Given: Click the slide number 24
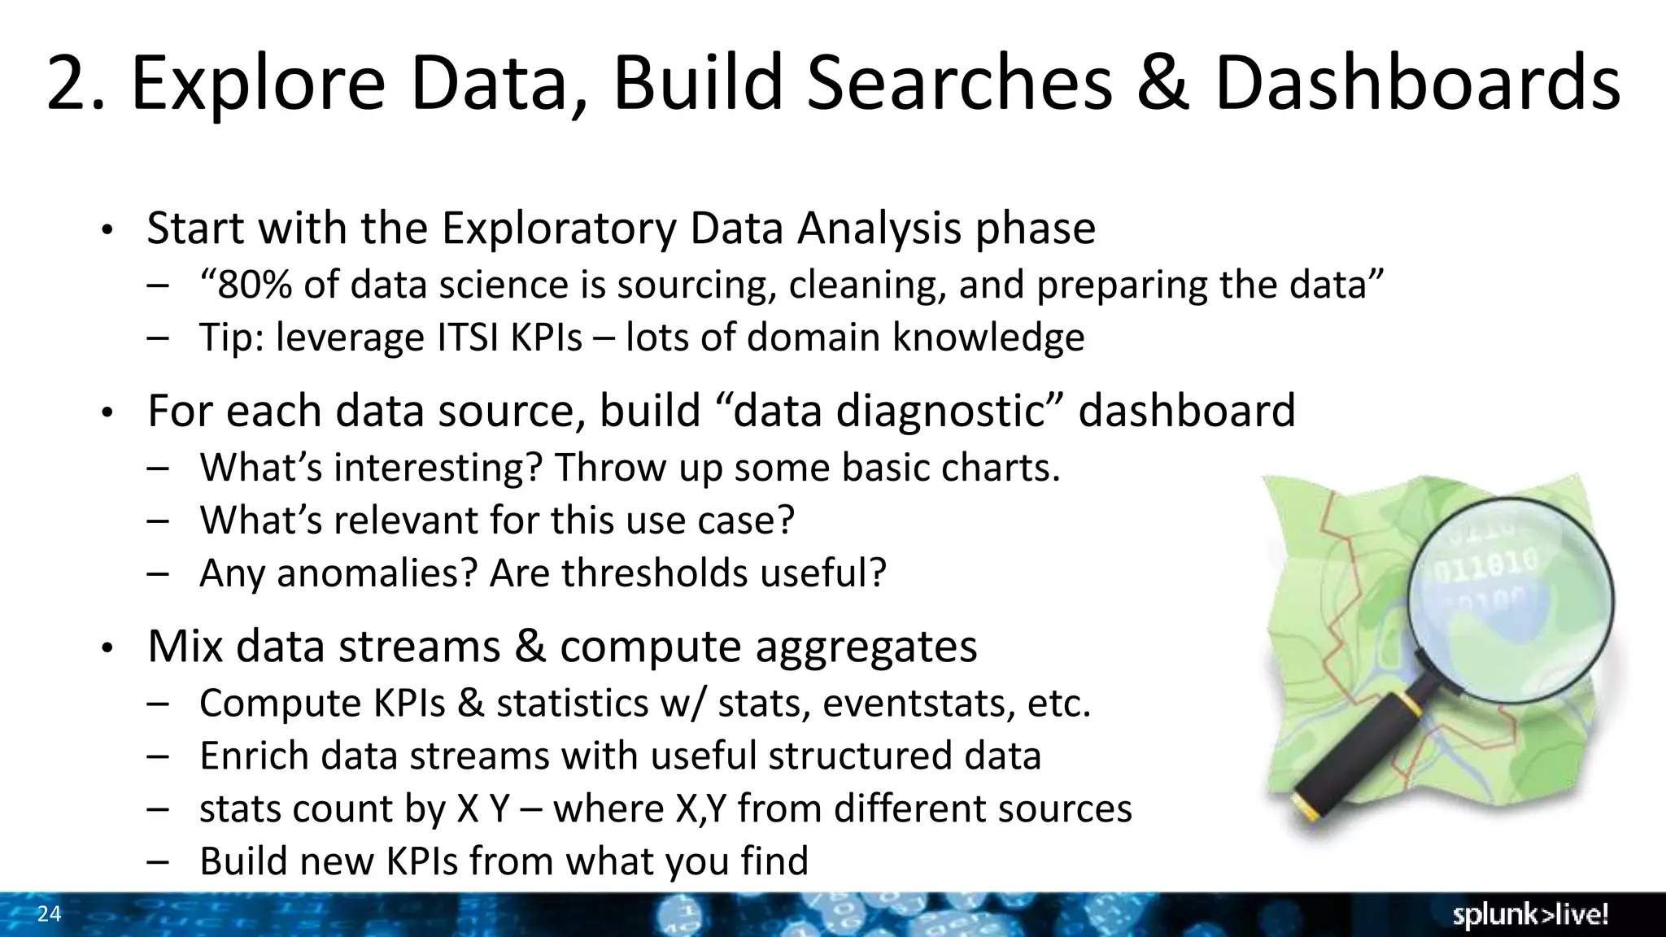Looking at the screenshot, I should [50, 914].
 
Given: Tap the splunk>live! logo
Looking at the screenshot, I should [1530, 915].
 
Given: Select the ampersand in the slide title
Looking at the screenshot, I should [1163, 83].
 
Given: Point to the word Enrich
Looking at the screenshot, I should [254, 756].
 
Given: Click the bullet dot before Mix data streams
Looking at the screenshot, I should [106, 649].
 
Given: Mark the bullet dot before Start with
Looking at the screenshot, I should [106, 231].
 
